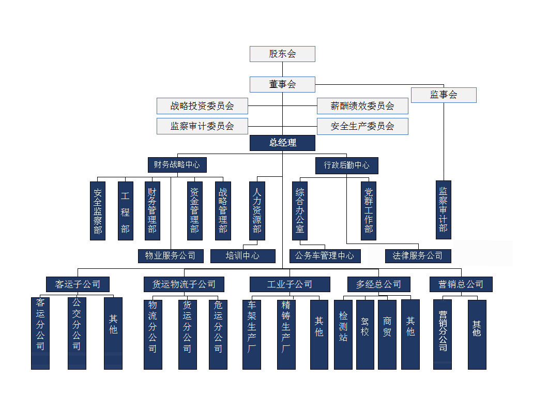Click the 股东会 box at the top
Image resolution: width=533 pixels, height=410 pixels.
point(282,54)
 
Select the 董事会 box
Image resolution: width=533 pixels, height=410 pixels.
point(282,84)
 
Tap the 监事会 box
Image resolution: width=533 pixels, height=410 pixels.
point(444,95)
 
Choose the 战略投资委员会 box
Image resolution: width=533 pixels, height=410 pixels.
point(202,106)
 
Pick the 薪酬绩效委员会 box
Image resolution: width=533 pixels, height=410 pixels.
point(362,106)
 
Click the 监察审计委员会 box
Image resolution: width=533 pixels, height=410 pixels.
point(202,126)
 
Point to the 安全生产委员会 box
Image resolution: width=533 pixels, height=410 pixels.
point(362,126)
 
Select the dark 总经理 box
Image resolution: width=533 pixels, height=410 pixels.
point(282,143)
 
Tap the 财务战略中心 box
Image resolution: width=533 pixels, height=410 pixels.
point(177,165)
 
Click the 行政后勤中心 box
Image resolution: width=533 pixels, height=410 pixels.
point(346,165)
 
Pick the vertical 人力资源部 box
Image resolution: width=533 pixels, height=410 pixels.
point(257,210)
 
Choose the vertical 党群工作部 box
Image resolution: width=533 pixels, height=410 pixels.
point(368,210)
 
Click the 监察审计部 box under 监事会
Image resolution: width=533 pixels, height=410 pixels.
point(443,209)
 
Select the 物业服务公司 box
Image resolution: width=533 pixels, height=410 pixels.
point(170,255)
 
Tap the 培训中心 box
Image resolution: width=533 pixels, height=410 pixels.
point(242,255)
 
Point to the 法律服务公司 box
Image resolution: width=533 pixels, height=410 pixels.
point(418,255)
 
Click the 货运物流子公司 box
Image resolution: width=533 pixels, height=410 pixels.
point(184,284)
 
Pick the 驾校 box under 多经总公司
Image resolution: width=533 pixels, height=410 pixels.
point(365,334)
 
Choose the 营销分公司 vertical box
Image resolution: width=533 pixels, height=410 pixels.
point(443,334)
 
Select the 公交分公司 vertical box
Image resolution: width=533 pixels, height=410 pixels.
point(77,333)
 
